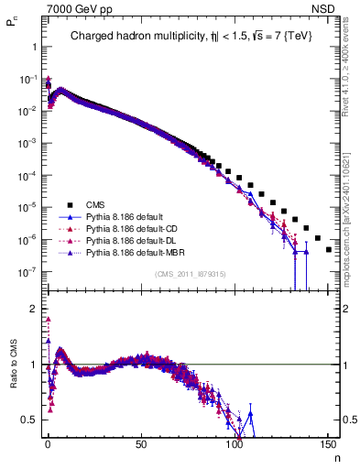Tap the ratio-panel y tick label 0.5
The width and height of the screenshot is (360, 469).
(27, 420)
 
